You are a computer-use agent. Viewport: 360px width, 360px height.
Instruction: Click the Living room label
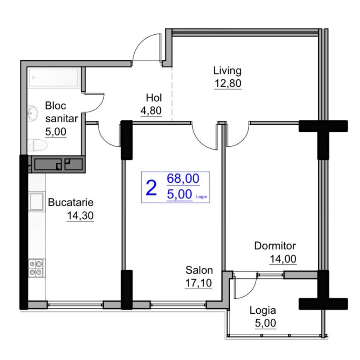point(227,71)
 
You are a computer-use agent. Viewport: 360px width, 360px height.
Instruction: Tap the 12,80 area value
point(228,83)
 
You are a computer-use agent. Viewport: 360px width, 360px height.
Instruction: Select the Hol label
point(154,98)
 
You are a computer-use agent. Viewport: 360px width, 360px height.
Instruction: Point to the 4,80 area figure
point(151,111)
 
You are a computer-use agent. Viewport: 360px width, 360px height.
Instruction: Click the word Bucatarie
point(71,203)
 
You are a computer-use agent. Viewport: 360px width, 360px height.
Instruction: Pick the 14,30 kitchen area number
point(80,216)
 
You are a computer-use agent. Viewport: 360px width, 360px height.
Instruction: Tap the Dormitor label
point(275,246)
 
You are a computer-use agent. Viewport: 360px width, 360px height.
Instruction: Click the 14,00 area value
point(283,259)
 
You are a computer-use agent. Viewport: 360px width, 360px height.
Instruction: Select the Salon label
point(199,270)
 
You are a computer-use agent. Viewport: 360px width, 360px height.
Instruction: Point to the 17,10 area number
point(198,283)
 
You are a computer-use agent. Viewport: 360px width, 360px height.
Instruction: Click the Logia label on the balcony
point(262,311)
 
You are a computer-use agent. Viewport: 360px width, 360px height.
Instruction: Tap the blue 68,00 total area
point(183,179)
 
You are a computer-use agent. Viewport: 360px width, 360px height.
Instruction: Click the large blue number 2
point(151,188)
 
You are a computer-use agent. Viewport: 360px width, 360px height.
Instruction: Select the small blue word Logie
point(201,197)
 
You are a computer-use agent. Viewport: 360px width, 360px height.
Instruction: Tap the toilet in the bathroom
point(38,145)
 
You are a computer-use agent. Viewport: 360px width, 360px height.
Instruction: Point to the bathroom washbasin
point(32,113)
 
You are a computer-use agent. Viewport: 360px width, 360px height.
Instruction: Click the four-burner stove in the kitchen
point(36,268)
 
